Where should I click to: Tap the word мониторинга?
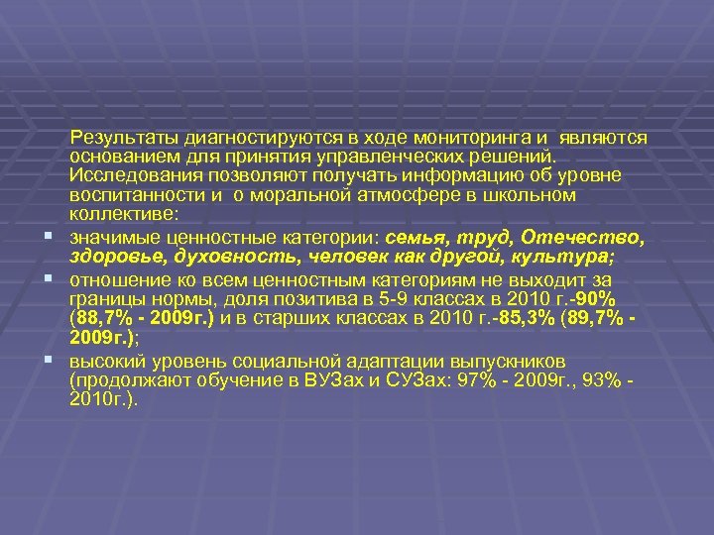point(469,139)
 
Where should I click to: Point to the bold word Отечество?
point(590,238)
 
